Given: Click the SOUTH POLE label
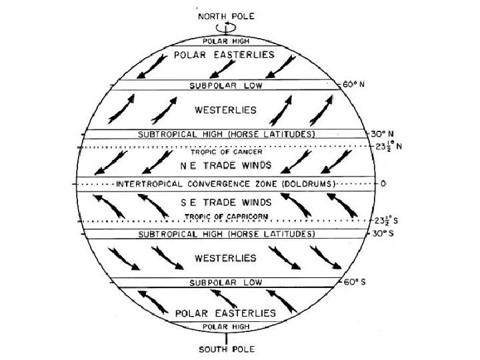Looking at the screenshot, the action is (225, 349).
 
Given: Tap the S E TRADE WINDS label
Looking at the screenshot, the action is (225, 202).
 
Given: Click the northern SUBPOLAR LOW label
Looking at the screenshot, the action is (226, 86).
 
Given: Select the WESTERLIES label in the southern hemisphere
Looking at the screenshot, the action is (226, 257).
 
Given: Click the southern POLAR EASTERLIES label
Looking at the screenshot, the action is (225, 312).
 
